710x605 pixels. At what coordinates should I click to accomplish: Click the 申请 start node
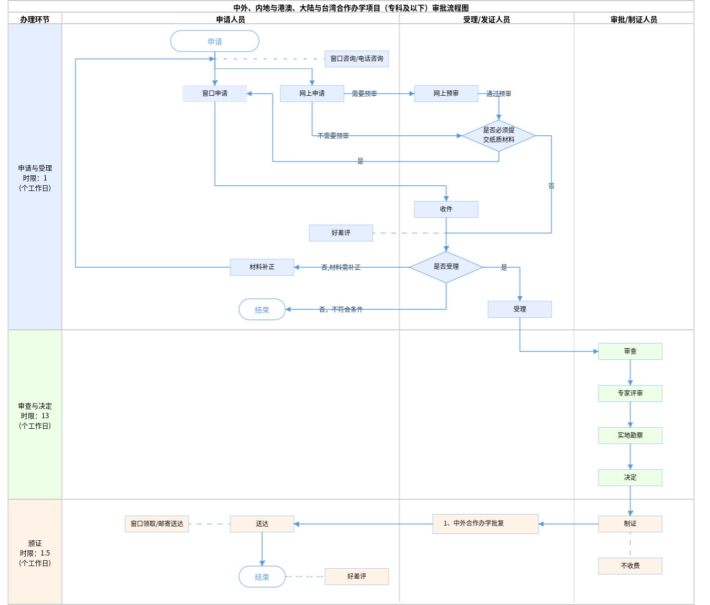pos(215,41)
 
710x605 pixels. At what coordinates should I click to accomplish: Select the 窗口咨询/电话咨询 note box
pos(357,59)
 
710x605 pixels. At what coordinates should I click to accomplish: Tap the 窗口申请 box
pos(215,94)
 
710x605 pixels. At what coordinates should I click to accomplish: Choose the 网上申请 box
pos(312,94)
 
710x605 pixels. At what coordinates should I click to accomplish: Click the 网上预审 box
pos(446,94)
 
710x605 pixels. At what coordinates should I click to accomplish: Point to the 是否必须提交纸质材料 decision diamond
pos(499,136)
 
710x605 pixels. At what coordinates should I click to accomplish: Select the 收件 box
pos(446,209)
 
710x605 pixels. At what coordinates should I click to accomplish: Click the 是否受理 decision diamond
pos(446,267)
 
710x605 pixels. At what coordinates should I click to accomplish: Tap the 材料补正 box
pos(262,267)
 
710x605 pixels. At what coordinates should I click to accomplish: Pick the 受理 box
pos(520,309)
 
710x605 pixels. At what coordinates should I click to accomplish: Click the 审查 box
pos(630,351)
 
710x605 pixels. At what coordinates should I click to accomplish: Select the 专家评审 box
pos(630,394)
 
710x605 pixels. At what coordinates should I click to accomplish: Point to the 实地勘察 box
pos(630,436)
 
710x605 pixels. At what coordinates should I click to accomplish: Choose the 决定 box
pos(630,478)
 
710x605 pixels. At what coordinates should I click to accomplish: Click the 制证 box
pos(630,524)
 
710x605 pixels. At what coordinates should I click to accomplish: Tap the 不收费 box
pos(630,566)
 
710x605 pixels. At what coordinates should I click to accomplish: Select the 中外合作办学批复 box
pos(485,524)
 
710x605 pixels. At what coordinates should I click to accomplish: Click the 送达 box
pos(262,524)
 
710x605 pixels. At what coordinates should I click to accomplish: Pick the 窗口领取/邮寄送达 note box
pos(157,524)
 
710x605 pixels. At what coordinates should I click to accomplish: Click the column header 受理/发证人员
pos(486,19)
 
